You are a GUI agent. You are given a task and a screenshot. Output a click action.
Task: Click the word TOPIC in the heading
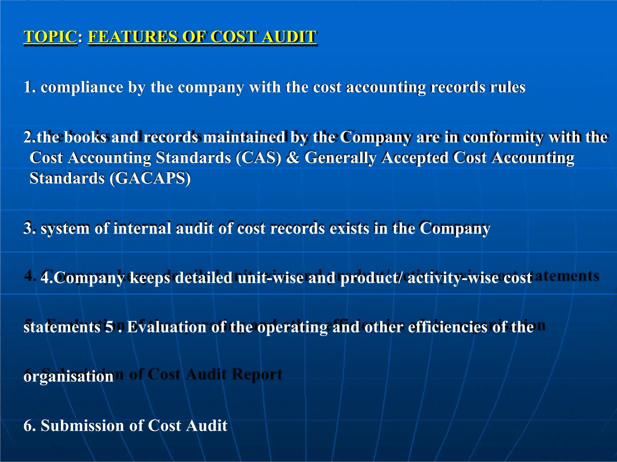click(50, 37)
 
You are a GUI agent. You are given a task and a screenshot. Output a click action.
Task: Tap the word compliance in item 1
click(82, 88)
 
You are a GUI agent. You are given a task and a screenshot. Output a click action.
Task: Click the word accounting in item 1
click(386, 88)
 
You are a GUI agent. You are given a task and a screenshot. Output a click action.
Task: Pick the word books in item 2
click(85, 137)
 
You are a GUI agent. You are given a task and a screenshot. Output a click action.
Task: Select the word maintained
click(244, 137)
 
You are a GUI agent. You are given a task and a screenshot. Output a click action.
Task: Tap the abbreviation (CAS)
click(258, 158)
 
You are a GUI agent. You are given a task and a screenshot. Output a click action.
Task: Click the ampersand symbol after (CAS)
click(293, 158)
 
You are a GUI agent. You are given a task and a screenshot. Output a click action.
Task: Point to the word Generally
click(340, 158)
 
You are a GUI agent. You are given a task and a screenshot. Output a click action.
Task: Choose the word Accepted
click(415, 158)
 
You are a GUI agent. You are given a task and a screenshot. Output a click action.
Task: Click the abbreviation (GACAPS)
click(150, 178)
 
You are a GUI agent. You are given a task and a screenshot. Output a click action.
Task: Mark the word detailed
click(204, 278)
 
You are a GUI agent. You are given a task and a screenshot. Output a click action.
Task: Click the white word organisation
click(68, 377)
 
